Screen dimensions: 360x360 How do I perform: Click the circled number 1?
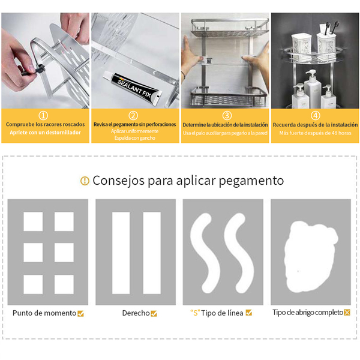click(x=43, y=115)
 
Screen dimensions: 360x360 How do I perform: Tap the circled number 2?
click(x=133, y=115)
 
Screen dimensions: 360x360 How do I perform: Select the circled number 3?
click(x=227, y=115)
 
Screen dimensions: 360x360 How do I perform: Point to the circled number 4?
click(x=316, y=115)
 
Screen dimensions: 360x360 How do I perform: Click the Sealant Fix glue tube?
click(x=133, y=88)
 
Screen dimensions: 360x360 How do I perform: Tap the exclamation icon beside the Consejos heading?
click(x=85, y=181)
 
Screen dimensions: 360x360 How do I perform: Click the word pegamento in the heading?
click(x=251, y=181)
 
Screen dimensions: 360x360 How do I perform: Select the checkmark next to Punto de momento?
click(x=80, y=313)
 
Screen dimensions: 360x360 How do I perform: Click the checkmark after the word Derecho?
click(x=154, y=313)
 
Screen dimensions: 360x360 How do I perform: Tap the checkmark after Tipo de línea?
click(x=248, y=313)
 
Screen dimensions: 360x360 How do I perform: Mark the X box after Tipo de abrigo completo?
click(x=347, y=313)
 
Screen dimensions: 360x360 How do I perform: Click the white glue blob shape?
click(x=311, y=257)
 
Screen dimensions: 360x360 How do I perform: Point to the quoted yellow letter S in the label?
click(x=196, y=313)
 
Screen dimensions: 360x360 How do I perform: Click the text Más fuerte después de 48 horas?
click(x=315, y=133)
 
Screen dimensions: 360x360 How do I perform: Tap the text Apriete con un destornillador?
click(x=45, y=133)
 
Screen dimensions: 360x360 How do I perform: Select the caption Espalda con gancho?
click(x=135, y=138)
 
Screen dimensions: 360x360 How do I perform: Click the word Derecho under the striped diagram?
click(x=136, y=313)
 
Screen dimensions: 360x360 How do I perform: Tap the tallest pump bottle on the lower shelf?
click(x=312, y=88)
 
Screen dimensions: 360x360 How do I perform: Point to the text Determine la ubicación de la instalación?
click(x=225, y=125)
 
